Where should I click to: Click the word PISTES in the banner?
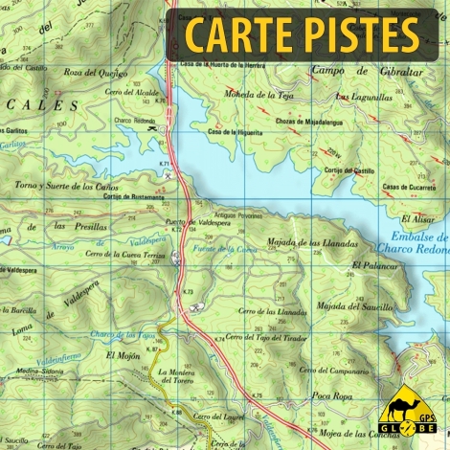[x=365, y=35]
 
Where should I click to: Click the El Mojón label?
[x=124, y=355]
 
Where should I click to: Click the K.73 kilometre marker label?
[x=189, y=291]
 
